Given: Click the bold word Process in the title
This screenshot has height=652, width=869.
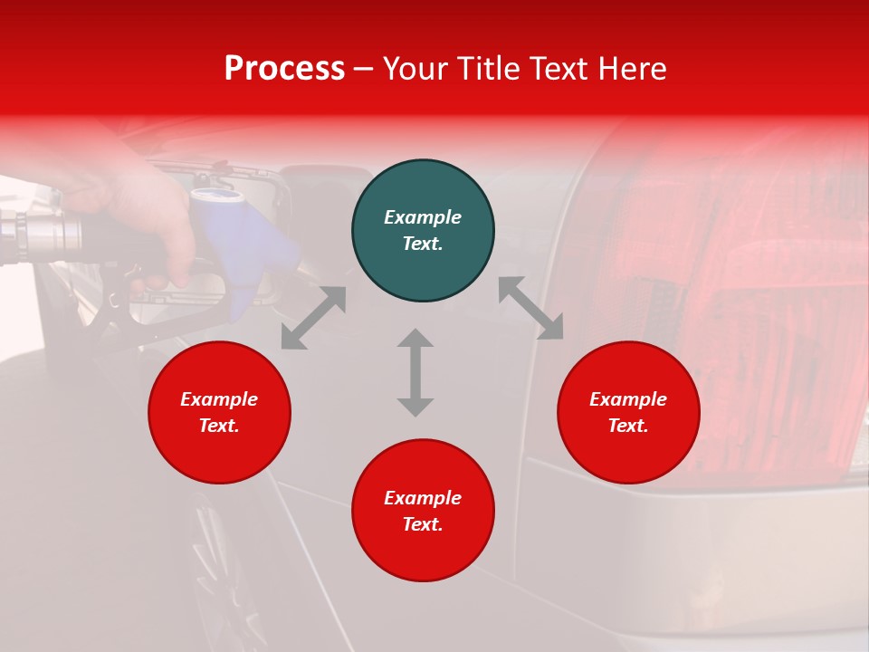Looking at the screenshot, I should tap(284, 69).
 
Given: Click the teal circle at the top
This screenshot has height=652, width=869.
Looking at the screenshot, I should tap(423, 231).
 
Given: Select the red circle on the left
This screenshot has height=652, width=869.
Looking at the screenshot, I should tap(219, 412).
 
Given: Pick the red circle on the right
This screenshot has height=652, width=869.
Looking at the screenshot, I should tap(628, 412).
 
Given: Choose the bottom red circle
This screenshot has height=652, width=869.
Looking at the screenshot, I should tap(423, 510).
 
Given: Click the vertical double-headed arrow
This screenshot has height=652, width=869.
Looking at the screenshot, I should tap(415, 372).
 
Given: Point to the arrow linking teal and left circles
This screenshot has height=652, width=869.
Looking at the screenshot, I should tap(313, 318).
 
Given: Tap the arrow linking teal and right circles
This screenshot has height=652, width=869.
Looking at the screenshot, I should tap(530, 308).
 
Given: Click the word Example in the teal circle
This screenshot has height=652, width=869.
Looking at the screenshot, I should tap(423, 217).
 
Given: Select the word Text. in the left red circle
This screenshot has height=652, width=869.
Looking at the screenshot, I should tap(219, 426).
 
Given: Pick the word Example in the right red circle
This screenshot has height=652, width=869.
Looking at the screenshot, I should tap(628, 399).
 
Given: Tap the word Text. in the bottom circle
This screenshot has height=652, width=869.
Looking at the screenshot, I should tap(423, 524).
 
